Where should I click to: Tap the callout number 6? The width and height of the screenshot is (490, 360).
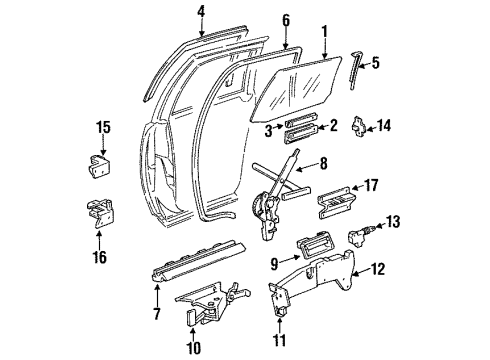(285, 20)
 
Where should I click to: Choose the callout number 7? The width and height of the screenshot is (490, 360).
(156, 315)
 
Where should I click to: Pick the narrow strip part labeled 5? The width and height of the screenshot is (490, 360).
(356, 71)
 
